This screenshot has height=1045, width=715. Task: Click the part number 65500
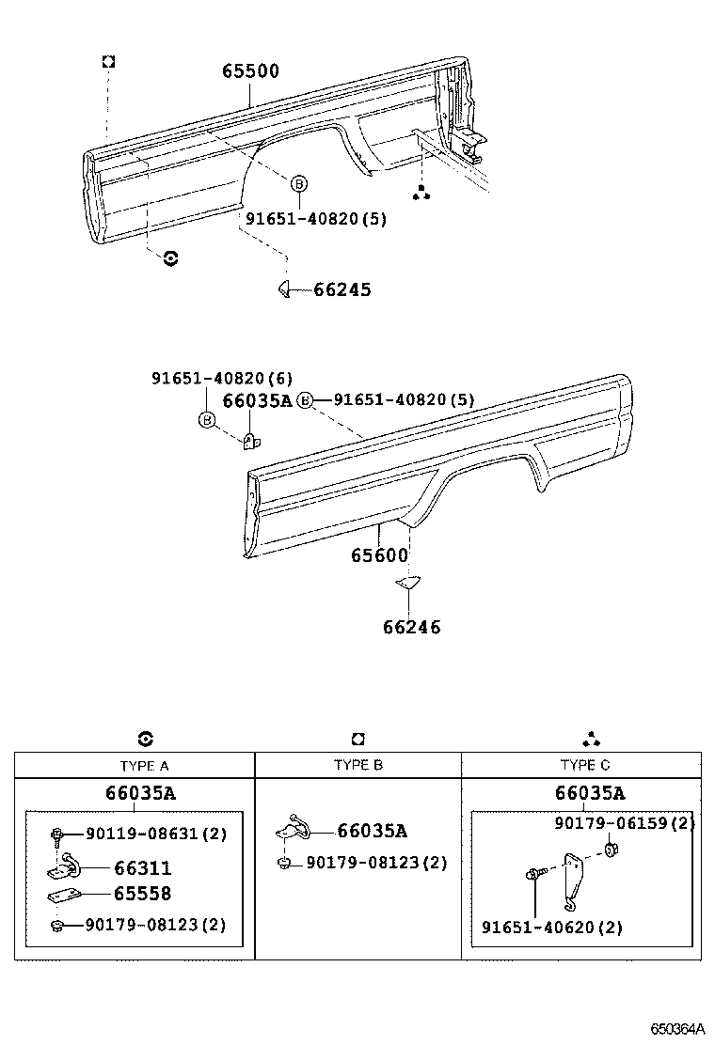(250, 71)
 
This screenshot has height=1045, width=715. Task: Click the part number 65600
(380, 555)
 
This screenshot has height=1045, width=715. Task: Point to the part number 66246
(411, 627)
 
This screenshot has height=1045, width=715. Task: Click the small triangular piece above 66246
(406, 583)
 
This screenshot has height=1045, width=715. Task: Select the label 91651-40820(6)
(222, 379)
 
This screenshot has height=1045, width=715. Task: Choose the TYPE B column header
(357, 765)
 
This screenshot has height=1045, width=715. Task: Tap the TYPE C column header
(584, 765)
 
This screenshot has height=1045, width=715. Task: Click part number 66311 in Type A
(143, 869)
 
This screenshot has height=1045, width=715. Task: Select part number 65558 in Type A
(143, 894)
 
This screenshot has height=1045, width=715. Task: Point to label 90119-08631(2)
(156, 834)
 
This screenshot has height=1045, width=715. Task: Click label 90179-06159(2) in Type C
(624, 823)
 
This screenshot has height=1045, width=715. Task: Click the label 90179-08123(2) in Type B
(363, 862)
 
